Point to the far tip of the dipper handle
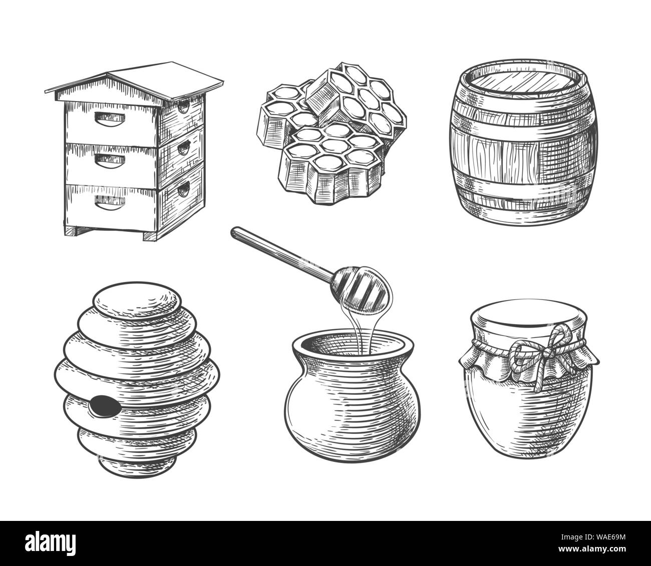[235, 231]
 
